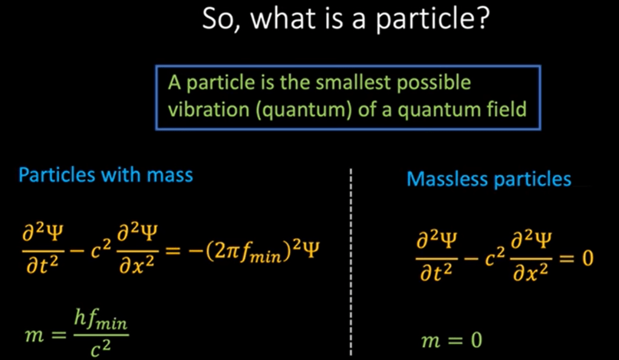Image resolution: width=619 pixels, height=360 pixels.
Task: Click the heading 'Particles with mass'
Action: point(106,174)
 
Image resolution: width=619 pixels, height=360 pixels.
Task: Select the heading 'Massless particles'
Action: point(489,179)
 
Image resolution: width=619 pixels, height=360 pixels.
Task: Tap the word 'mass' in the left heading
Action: point(170,175)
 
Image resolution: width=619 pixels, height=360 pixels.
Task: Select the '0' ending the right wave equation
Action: point(588,258)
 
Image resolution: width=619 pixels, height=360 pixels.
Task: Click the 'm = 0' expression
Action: point(452,340)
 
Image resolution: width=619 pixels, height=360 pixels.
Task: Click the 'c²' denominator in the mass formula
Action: point(100,348)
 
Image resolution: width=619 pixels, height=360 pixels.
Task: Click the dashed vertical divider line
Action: point(350,262)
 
